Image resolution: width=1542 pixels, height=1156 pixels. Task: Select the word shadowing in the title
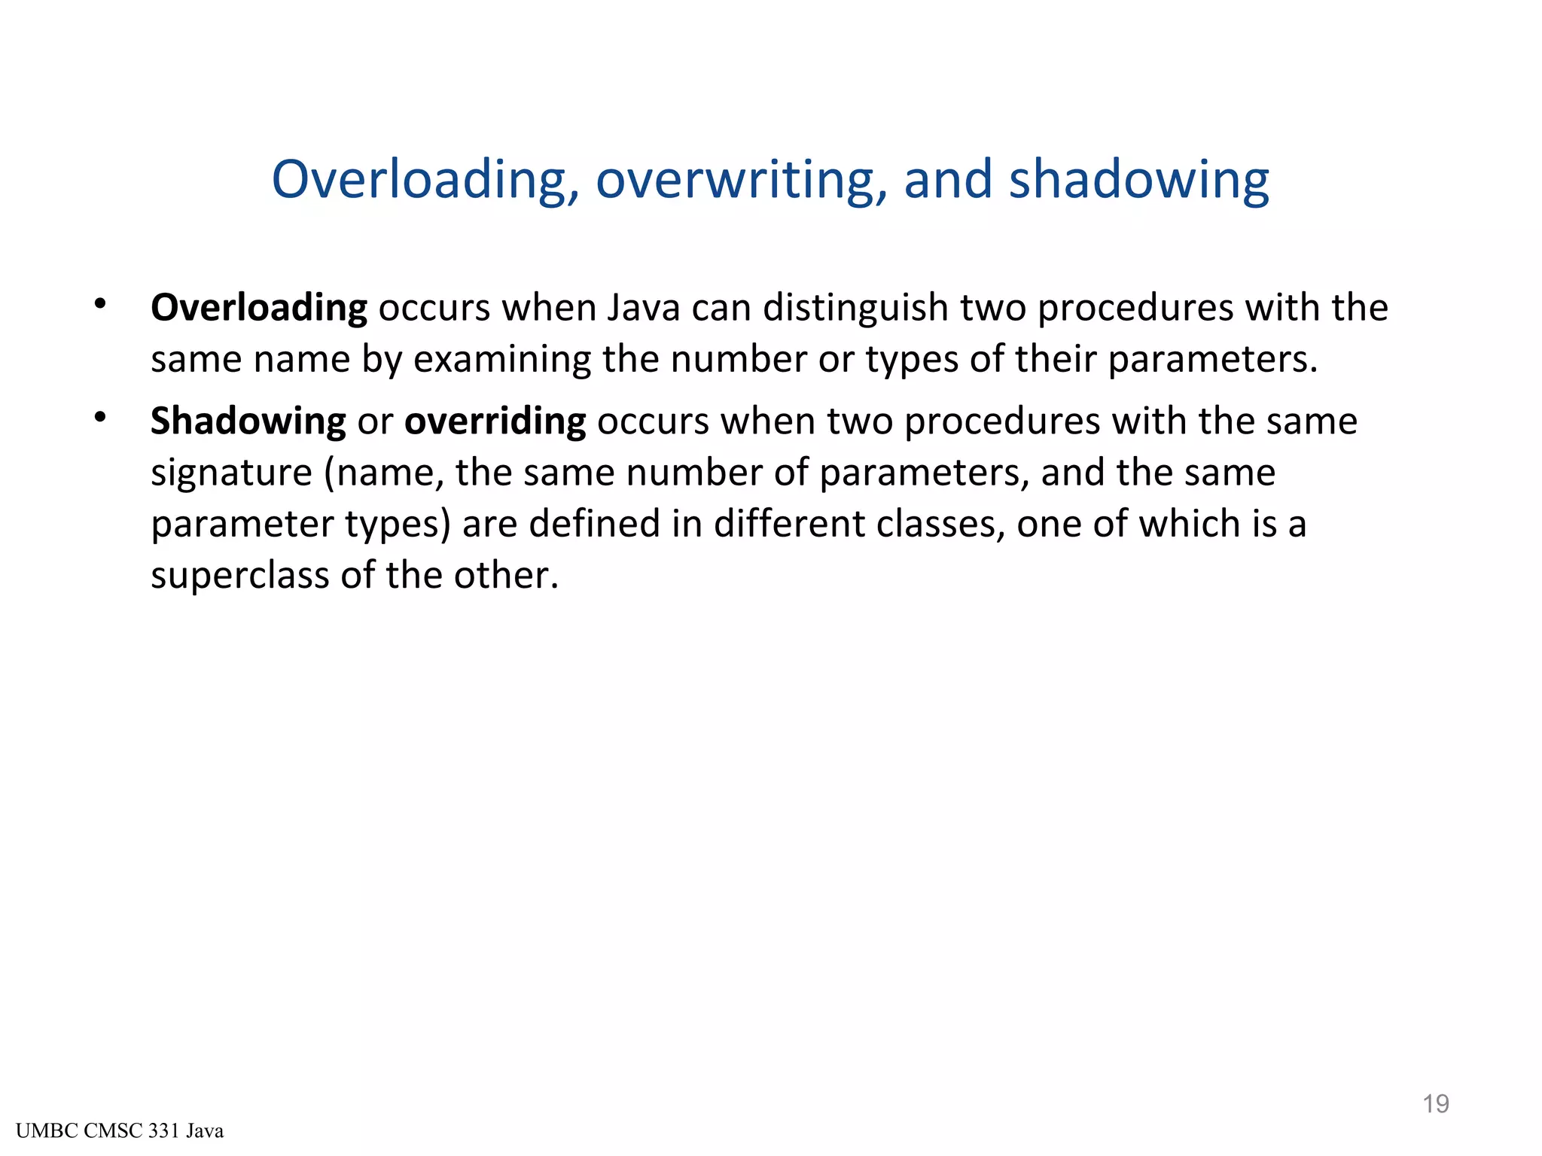click(x=1138, y=181)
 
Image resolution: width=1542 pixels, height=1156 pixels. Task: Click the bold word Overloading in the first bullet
click(x=259, y=308)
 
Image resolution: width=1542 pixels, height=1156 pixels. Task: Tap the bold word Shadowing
click(x=248, y=421)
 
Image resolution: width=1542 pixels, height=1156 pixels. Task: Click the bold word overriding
click(x=495, y=421)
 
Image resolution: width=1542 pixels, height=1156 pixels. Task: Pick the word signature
click(x=231, y=473)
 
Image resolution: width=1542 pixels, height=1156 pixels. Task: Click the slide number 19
click(x=1435, y=1104)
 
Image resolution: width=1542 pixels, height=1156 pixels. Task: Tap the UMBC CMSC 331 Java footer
click(x=120, y=1131)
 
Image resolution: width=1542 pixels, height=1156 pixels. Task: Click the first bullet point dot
click(x=100, y=304)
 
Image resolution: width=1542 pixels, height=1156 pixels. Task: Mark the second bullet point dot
click(x=100, y=417)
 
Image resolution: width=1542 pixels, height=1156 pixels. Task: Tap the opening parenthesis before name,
click(x=330, y=473)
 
